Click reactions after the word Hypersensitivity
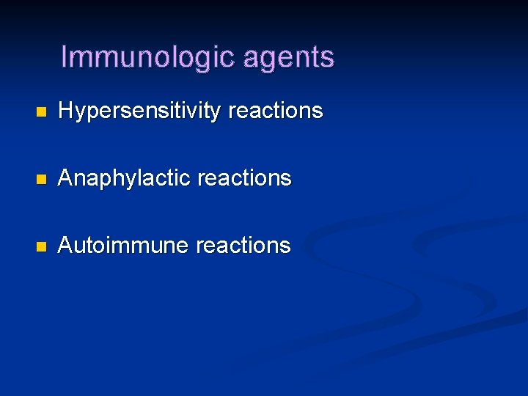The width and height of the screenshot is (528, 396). pyautogui.click(x=276, y=111)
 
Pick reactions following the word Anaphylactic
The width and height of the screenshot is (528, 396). pyautogui.click(x=245, y=178)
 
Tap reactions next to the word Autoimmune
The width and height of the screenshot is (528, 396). pyautogui.click(x=244, y=245)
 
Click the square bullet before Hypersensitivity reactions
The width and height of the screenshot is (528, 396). pyautogui.click(x=41, y=112)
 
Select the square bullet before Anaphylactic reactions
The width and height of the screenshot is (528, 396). pyautogui.click(x=41, y=179)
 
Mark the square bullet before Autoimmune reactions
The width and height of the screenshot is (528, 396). pyautogui.click(x=41, y=246)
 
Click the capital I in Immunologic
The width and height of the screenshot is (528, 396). pyautogui.click(x=65, y=56)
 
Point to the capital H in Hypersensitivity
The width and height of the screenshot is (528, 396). pyautogui.click(x=65, y=111)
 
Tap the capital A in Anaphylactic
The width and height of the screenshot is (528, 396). pyautogui.click(x=65, y=178)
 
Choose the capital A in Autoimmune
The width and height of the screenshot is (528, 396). pyautogui.click(x=65, y=245)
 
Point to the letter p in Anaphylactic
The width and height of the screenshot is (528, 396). pyautogui.click(x=104, y=180)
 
